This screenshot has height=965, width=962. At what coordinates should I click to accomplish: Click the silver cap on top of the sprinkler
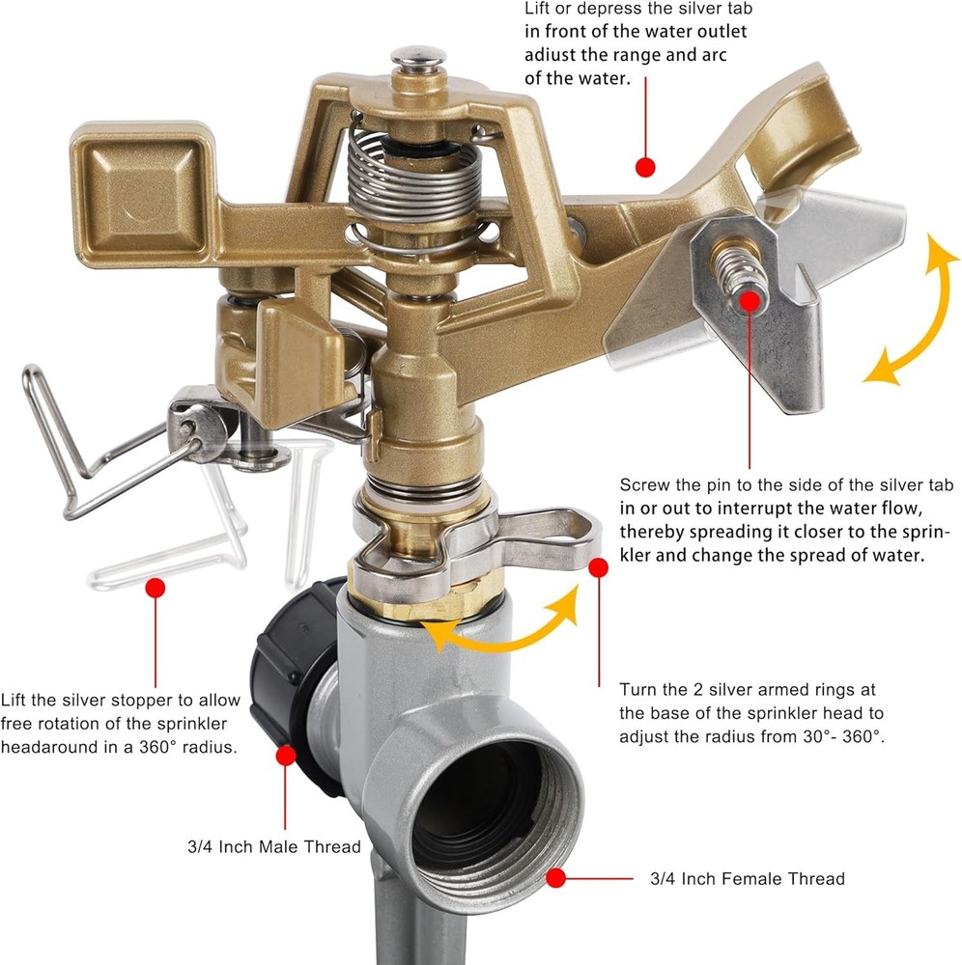coord(418,59)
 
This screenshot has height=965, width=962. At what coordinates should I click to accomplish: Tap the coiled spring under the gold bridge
coord(413,179)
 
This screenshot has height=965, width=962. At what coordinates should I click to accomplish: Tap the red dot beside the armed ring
coord(598,567)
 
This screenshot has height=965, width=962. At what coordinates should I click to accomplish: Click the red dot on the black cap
coord(286,756)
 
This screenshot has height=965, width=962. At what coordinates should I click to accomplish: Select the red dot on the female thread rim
coord(555,877)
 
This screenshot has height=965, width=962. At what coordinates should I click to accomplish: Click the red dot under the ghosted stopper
coord(156,588)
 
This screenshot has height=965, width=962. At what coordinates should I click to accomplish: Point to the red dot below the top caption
coord(645,167)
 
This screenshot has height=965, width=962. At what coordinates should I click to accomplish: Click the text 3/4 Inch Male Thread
coord(274,847)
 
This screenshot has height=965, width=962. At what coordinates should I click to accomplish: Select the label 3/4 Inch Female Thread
coord(748,879)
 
